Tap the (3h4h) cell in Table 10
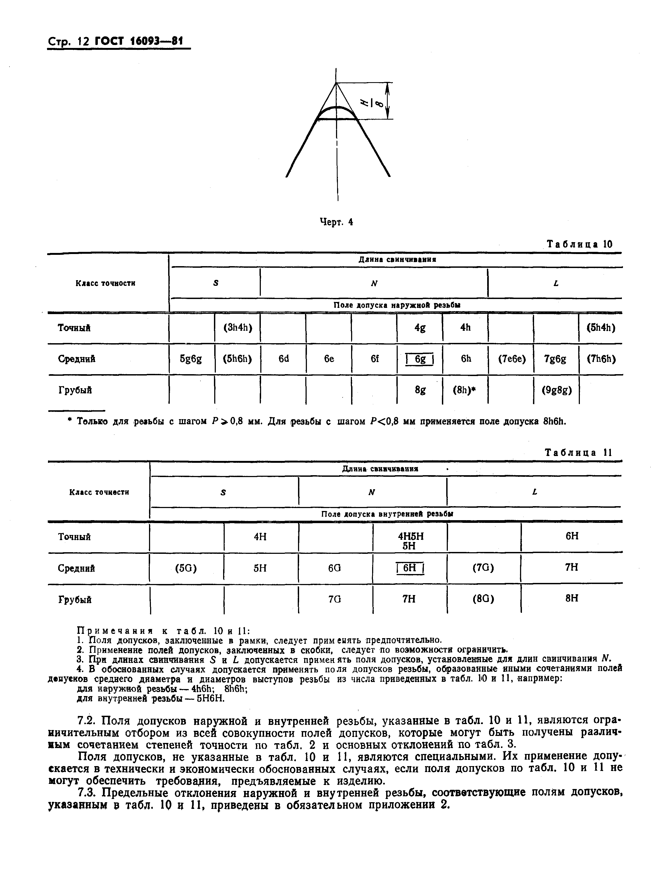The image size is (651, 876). (x=238, y=328)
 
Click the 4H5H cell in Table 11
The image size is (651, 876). (x=410, y=537)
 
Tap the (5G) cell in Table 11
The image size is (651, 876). (x=186, y=568)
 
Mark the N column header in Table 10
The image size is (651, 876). (x=374, y=283)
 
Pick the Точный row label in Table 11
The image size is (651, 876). (x=74, y=537)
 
